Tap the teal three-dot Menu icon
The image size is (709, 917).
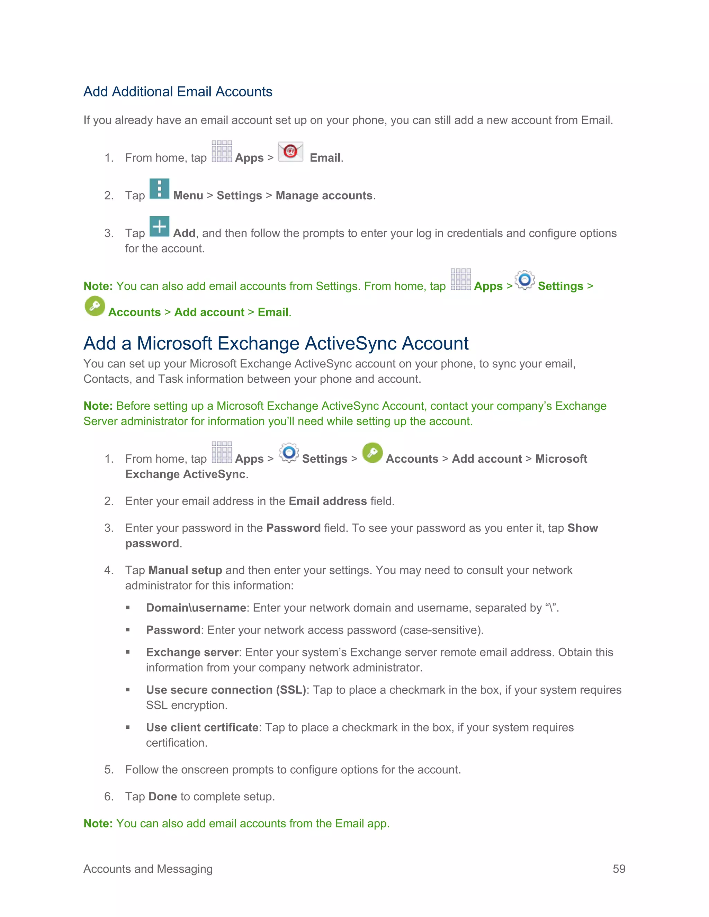coord(160,189)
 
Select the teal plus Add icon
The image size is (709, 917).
coord(160,227)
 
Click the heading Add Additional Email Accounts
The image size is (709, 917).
coord(178,92)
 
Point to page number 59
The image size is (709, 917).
coord(619,869)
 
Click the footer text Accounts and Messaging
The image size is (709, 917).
coord(148,869)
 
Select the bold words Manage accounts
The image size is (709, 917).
coord(324,196)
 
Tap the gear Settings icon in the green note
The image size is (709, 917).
coord(524,280)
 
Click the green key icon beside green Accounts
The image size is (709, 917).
coord(95,306)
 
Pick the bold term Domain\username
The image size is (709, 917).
coord(196,608)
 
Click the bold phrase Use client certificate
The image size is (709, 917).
coord(202,728)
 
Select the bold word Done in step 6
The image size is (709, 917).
coord(163,797)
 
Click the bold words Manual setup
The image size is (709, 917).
coord(185,570)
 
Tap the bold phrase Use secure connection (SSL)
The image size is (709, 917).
coord(226,690)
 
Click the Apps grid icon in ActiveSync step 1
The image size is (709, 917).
coord(222,452)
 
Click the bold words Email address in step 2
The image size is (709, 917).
coord(327,501)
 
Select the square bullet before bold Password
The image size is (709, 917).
coord(128,630)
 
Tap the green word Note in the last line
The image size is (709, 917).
coord(97,823)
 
